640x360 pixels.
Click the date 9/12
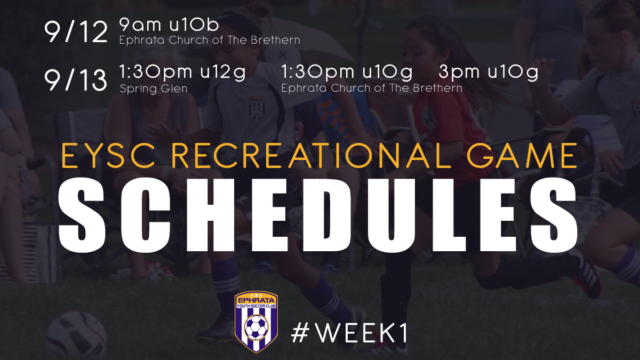pos(76,32)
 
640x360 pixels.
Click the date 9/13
pos(76,80)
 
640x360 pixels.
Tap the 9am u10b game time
pos(169,25)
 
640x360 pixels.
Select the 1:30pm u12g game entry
pos(182,73)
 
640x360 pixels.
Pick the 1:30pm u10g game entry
pos(347,73)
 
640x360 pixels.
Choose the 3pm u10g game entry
pos(489,73)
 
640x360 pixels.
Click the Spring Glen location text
pos(154,89)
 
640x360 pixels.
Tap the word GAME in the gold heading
pos(522,156)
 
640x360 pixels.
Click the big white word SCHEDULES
pos(318,215)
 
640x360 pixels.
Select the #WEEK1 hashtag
pos(349,333)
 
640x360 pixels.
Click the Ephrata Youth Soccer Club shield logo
pos(257,322)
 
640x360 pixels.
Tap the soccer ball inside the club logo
pos(257,327)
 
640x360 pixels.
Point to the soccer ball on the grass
pos(76,335)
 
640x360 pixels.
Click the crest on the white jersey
pos(257,108)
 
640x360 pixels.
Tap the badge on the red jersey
pos(429,118)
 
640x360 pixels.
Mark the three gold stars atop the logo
pos(257,295)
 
